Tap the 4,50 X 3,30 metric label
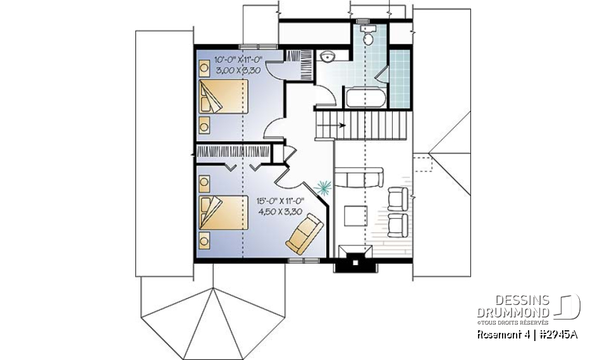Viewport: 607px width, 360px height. pos(281,213)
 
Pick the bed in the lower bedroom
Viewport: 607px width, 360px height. pos(223,213)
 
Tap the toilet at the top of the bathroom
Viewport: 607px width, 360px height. pos(367,35)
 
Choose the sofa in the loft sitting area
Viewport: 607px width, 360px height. pos(359,177)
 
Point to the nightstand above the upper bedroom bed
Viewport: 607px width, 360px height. pos(205,66)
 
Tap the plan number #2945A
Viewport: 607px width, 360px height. pos(557,335)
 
